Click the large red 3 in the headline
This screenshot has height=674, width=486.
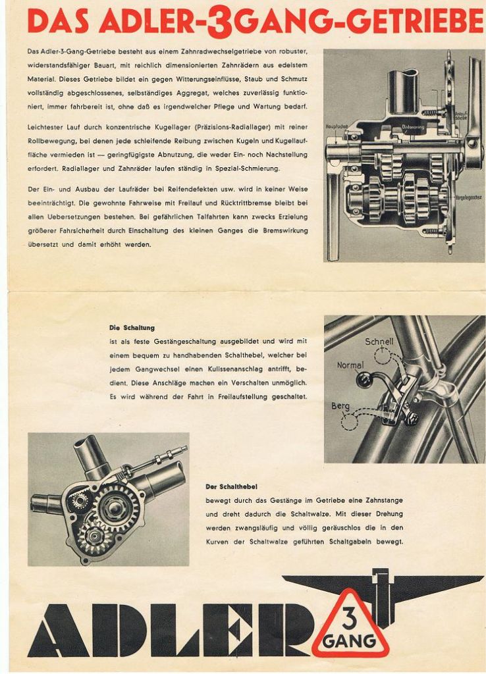click(217, 22)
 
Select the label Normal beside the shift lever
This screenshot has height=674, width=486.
click(350, 365)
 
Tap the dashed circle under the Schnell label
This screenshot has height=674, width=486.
click(381, 355)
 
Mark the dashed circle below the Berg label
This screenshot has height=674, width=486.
click(348, 421)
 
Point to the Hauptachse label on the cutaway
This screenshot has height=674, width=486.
click(335, 126)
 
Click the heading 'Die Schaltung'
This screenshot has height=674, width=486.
click(132, 327)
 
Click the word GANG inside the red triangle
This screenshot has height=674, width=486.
click(350, 640)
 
